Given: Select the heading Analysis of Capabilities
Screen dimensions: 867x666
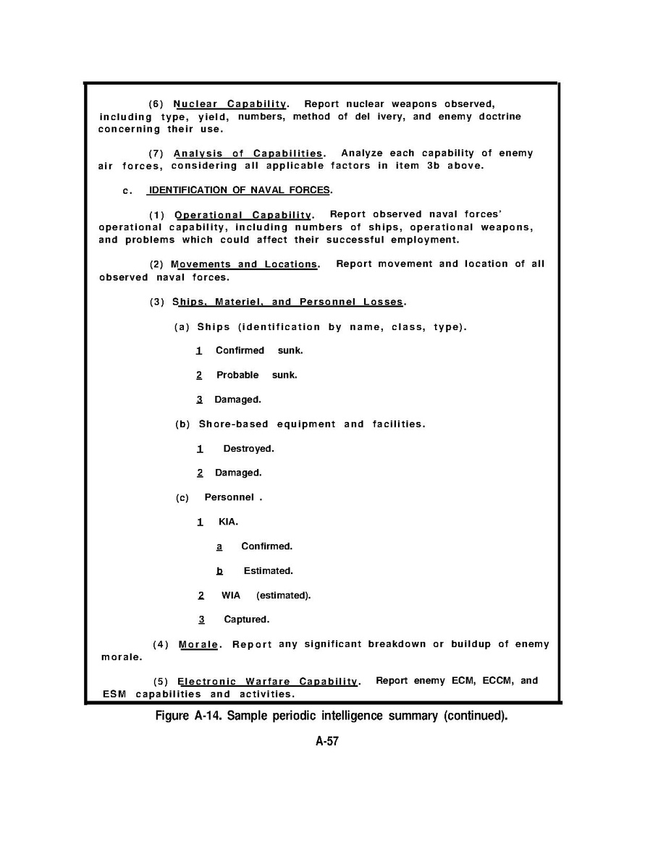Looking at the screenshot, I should point(248,153).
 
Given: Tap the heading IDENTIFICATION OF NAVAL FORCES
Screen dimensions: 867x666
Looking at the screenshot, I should point(239,190).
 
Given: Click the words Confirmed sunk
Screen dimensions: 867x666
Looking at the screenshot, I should point(259,350).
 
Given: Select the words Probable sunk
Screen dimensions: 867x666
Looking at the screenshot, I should point(256,375).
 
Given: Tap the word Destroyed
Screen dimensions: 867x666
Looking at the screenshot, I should point(248,449).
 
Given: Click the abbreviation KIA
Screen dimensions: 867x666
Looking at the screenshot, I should point(228,522).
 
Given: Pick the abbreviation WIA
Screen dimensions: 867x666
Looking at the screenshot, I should point(231,596).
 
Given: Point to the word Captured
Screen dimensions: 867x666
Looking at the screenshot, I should point(246,619).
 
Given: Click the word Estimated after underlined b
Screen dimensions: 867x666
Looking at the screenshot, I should point(268,571).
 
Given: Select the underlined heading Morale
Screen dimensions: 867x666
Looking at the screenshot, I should point(198,645).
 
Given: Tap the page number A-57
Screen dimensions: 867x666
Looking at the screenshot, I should point(327,742).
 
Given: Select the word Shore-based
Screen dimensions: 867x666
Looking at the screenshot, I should point(231,424).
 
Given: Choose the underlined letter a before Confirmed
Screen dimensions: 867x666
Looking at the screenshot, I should point(219,546).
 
